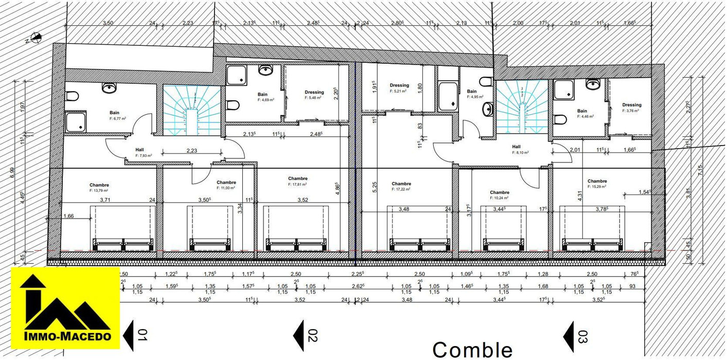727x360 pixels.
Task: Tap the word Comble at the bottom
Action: tap(472, 350)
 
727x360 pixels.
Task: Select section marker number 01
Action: tap(137, 336)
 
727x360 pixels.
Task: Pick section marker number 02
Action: tap(306, 336)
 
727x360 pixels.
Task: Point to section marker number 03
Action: tap(576, 336)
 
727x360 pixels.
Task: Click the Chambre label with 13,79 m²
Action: tap(99, 185)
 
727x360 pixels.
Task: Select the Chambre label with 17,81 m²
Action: tap(298, 179)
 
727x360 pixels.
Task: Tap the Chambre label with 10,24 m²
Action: tap(500, 193)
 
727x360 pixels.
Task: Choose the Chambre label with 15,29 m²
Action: tap(597, 181)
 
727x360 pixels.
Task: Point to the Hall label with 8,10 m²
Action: tap(516, 147)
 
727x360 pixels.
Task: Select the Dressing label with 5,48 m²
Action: tap(314, 93)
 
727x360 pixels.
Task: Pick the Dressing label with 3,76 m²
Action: tap(631, 105)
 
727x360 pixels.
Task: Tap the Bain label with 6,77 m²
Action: tap(114, 113)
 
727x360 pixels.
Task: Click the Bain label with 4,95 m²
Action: tap(472, 92)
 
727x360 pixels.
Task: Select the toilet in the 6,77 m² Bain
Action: tap(72, 97)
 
